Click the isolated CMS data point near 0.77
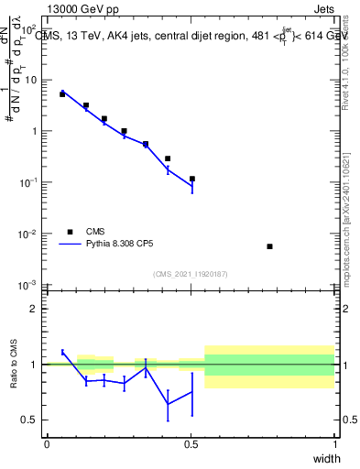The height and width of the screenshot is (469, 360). pyautogui.click(x=269, y=246)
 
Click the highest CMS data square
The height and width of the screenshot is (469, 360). pyautogui.click(x=62, y=93)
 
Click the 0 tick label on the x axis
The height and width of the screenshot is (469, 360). pyautogui.click(x=47, y=444)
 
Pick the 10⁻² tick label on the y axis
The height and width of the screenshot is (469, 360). pyautogui.click(x=28, y=234)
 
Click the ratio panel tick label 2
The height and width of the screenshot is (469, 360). pyautogui.click(x=34, y=309)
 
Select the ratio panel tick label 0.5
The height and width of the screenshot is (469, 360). pyautogui.click(x=29, y=420)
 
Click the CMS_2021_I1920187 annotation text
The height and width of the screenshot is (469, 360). pyautogui.click(x=190, y=274)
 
